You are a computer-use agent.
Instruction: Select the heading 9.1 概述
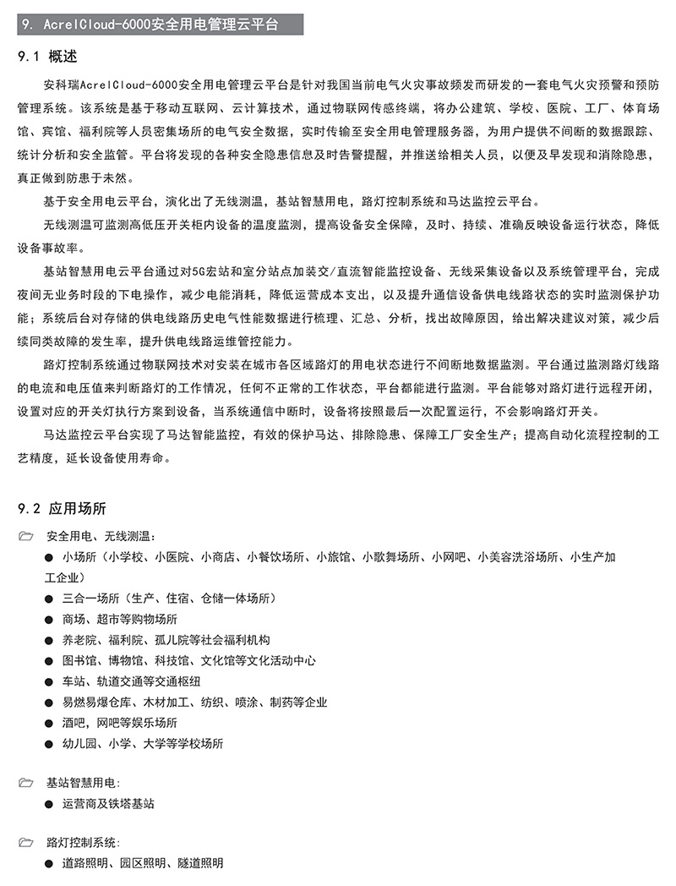click(x=47, y=57)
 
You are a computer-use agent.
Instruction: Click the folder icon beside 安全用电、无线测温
click(x=25, y=536)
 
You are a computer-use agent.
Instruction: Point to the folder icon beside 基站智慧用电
click(x=25, y=783)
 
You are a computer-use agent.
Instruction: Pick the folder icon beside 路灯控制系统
click(x=25, y=843)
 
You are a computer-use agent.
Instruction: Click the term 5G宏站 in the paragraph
click(x=209, y=271)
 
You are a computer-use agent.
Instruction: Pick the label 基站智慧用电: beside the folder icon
click(x=84, y=783)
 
